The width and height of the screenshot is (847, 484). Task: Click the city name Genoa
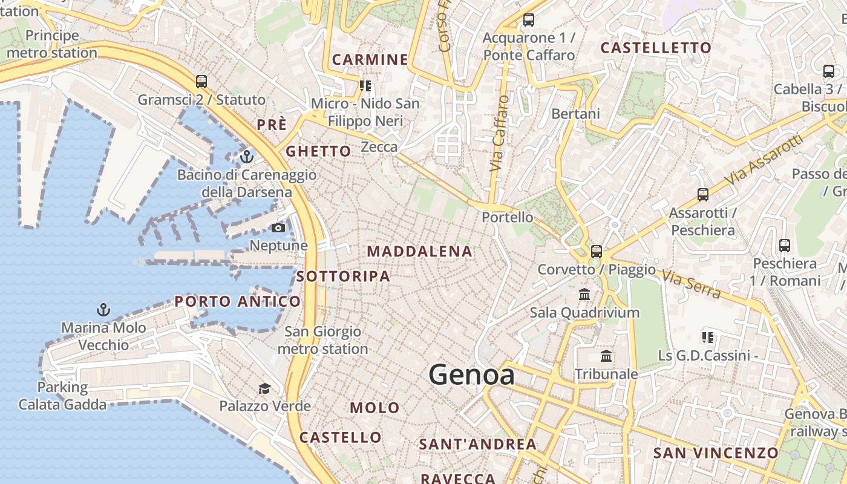click(x=472, y=375)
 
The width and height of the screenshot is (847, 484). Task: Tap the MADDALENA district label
click(x=419, y=251)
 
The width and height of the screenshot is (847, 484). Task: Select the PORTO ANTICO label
click(x=238, y=301)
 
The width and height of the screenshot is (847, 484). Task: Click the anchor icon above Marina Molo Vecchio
click(x=103, y=310)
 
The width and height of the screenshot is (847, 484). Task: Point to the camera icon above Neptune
click(x=278, y=228)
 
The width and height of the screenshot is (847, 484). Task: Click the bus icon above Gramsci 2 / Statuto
click(x=201, y=81)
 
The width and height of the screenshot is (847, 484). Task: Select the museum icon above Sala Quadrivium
click(x=584, y=295)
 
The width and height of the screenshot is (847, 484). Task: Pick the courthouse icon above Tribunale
click(x=606, y=356)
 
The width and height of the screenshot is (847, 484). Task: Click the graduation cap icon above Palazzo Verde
click(x=264, y=388)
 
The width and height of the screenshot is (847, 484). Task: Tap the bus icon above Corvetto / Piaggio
click(x=597, y=251)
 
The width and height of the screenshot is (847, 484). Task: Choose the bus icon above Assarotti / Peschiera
click(x=703, y=195)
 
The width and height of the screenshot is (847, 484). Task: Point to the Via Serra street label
click(x=691, y=284)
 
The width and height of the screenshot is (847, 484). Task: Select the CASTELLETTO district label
click(x=656, y=48)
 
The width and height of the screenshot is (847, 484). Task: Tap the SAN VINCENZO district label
click(x=716, y=453)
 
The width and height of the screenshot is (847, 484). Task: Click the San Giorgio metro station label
click(x=323, y=340)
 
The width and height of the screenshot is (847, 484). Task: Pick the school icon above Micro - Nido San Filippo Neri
click(x=365, y=86)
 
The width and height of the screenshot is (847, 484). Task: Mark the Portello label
click(x=508, y=217)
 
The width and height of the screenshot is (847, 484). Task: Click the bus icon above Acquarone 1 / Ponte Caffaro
click(x=529, y=20)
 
